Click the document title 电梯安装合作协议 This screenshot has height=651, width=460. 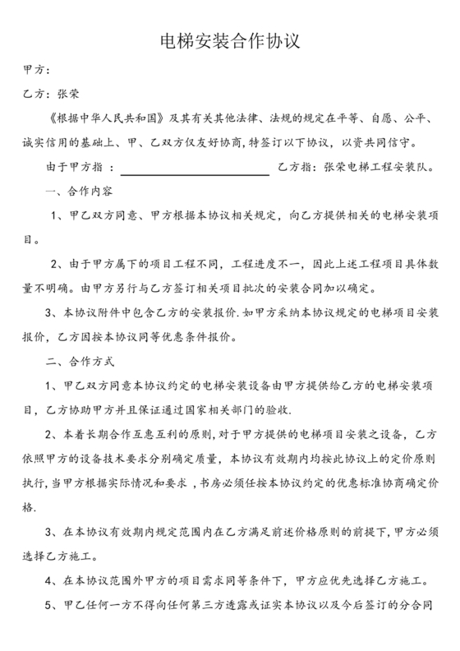pyautogui.click(x=229, y=40)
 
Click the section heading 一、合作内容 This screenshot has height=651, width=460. pyautogui.click(x=80, y=192)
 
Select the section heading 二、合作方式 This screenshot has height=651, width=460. pyautogui.click(x=80, y=361)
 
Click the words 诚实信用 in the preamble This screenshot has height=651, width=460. pyautogui.click(x=50, y=143)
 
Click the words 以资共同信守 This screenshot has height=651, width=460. pyautogui.click(x=378, y=143)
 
